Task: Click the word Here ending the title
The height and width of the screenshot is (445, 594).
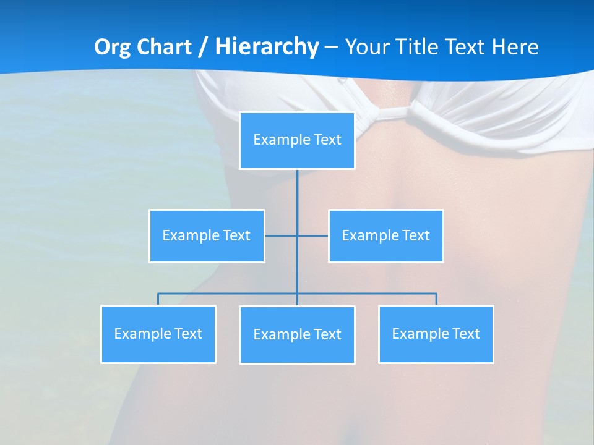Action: [x=515, y=47]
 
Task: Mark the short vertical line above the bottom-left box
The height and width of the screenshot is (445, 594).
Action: [x=158, y=299]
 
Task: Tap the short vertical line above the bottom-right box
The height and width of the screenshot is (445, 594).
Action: [x=436, y=299]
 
